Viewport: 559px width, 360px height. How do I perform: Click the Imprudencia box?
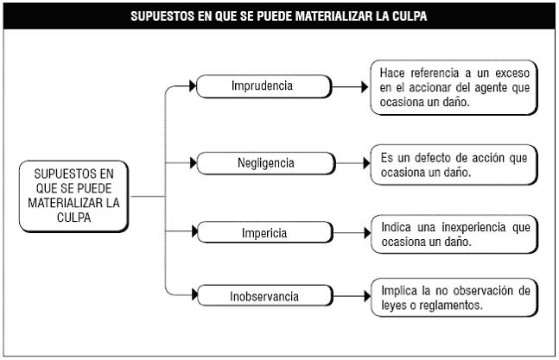(264, 86)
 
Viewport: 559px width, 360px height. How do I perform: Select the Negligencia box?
(266, 163)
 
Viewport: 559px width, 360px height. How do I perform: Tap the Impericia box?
(265, 232)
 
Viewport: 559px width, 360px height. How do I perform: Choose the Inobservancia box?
(265, 295)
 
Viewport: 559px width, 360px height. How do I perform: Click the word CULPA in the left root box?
(73, 218)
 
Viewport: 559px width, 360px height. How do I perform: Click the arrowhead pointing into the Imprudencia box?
(193, 85)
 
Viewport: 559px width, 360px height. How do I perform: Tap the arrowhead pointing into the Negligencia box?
(194, 163)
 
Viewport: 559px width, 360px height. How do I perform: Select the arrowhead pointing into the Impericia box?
(194, 231)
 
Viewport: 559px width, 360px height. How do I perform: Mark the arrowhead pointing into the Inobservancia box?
(194, 294)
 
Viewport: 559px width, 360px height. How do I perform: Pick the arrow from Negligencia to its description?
(353, 163)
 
